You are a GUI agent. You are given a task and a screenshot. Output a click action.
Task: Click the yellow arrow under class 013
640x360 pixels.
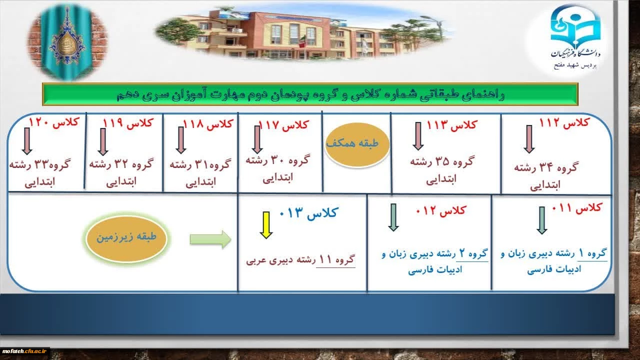pos(266,225)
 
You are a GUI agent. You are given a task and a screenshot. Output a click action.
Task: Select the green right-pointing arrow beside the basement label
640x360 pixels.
pos(210,239)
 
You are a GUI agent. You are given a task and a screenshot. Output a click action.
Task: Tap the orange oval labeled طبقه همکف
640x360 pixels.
pos(357,144)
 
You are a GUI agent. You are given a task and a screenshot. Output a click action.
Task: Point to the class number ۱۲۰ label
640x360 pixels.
pos(53,122)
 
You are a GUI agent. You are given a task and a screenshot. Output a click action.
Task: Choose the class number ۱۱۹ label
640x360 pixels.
pos(128,123)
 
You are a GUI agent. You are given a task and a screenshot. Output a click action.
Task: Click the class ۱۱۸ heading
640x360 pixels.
pos(208,124)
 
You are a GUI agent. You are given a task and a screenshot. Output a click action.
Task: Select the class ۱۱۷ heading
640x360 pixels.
pos(283,125)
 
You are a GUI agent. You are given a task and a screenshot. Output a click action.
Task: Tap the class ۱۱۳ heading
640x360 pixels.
pos(452,125)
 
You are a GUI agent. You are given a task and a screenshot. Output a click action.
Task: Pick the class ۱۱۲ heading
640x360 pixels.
pos(564,123)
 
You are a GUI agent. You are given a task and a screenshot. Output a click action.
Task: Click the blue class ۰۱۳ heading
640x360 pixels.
pos(309,213)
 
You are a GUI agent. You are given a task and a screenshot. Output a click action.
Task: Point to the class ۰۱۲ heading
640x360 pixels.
pos(441,211)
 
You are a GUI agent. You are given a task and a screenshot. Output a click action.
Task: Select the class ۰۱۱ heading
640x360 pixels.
pos(577,207)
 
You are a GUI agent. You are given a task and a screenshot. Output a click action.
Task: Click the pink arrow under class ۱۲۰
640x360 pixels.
pos(27,141)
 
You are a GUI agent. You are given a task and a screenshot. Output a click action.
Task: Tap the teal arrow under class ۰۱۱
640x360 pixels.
pos(541,220)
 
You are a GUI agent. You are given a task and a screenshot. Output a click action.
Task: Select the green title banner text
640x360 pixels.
pos(310,94)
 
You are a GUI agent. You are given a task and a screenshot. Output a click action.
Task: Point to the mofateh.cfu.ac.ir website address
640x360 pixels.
pos(24,351)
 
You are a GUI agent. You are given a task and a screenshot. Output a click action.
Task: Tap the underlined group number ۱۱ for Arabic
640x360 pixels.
pos(325,259)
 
